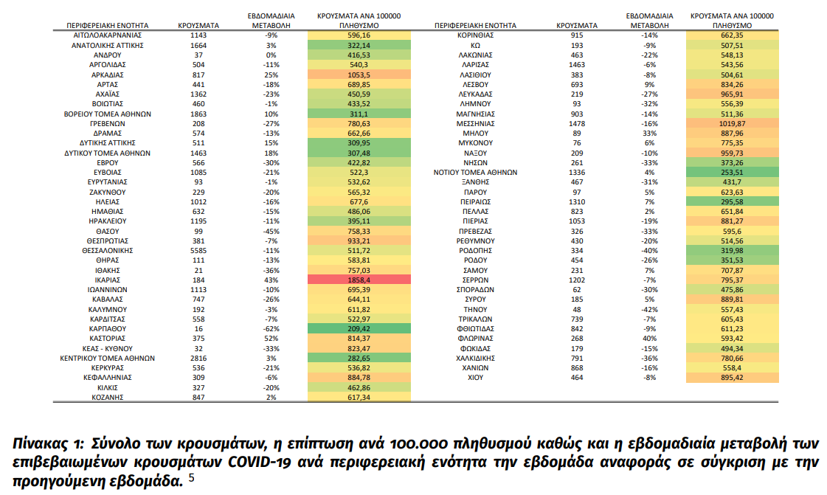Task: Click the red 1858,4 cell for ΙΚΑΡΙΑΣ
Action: click(x=359, y=280)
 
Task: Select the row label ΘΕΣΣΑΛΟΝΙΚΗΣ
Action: click(x=107, y=251)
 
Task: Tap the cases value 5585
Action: click(x=198, y=251)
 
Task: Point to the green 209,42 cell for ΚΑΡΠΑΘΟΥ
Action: click(x=359, y=329)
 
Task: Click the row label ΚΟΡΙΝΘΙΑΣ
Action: click(x=475, y=35)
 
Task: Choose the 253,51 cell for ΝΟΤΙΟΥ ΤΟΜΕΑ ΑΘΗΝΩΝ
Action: click(x=732, y=173)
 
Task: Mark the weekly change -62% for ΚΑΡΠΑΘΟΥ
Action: click(x=271, y=329)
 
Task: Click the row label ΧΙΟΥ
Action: click(x=475, y=378)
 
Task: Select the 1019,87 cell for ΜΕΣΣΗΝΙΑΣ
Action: click(x=732, y=123)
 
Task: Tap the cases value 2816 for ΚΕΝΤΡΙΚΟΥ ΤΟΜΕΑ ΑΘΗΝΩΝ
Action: click(x=198, y=359)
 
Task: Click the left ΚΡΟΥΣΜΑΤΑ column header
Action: click(x=198, y=25)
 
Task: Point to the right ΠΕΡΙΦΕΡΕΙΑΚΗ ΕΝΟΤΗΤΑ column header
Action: click(x=475, y=25)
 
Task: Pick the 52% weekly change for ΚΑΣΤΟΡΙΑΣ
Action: click(x=271, y=339)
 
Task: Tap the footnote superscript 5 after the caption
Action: click(x=192, y=477)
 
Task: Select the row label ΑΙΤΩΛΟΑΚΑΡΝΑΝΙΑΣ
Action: click(x=107, y=35)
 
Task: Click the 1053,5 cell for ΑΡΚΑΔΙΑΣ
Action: click(x=359, y=75)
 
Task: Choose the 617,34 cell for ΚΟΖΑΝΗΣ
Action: click(x=359, y=398)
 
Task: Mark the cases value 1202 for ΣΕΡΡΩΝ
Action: click(x=577, y=280)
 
